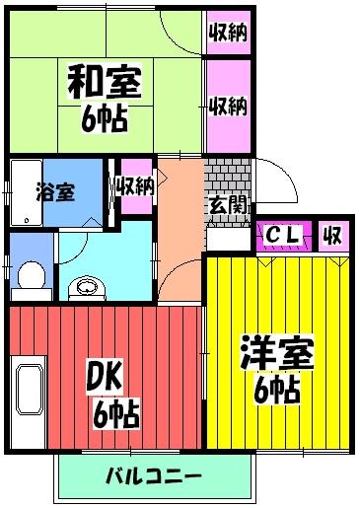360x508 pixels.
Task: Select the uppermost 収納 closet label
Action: (x=227, y=33)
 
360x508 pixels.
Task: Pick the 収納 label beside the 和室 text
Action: (x=227, y=106)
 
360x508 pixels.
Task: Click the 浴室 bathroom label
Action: (x=55, y=191)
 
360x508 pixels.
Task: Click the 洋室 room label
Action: (x=276, y=352)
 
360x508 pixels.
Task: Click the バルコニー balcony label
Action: (x=153, y=476)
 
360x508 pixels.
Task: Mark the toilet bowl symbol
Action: (x=31, y=276)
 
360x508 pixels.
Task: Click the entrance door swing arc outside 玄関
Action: (x=281, y=187)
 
